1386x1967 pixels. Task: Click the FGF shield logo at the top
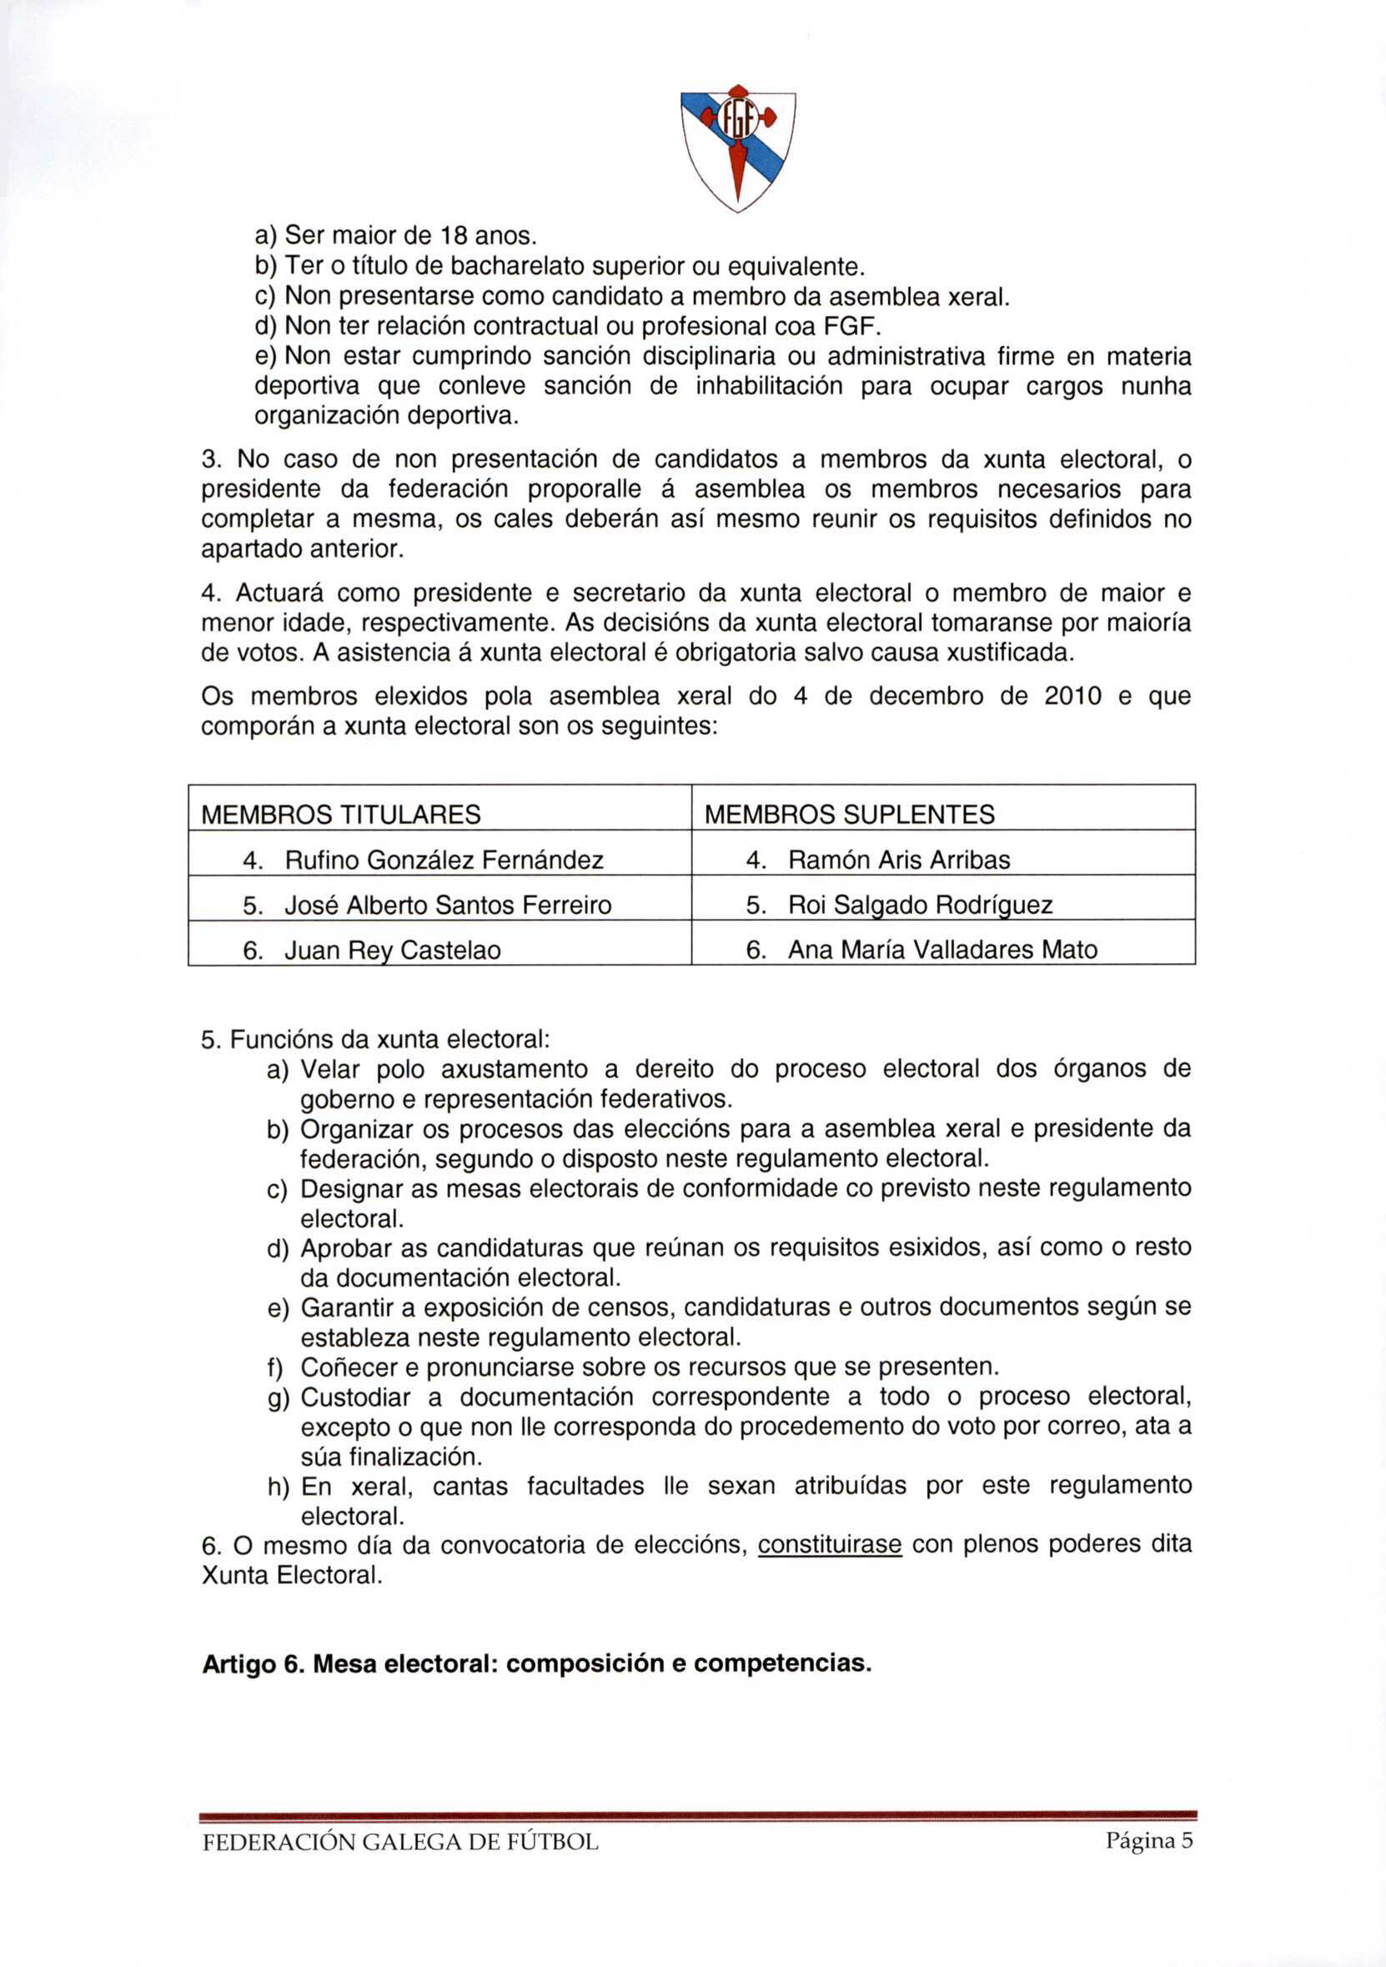[737, 148]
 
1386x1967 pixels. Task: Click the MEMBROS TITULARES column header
[340, 814]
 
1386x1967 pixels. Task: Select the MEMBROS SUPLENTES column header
[849, 814]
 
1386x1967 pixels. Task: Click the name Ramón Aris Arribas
[899, 860]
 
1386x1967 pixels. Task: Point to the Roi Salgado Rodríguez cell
[920, 905]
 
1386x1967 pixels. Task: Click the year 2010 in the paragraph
[1072, 696]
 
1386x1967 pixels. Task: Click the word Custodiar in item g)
[355, 1397]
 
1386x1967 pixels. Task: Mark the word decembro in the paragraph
[926, 696]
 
